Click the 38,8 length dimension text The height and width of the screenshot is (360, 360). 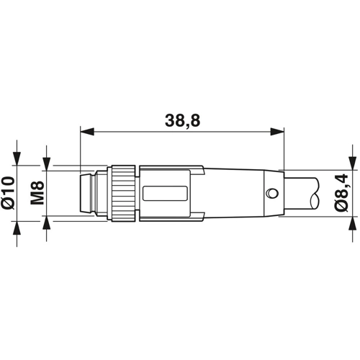[182, 121]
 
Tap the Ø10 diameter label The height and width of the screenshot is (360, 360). [9, 192]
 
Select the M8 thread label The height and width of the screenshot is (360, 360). [37, 193]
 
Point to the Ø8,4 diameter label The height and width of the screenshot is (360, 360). [342, 193]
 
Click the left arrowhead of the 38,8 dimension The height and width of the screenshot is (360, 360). [87, 132]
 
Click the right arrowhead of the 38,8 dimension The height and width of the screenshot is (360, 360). [277, 132]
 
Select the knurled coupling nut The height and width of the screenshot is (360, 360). [123, 193]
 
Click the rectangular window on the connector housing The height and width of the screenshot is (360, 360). [165, 193]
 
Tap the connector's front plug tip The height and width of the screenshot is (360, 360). [87, 193]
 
